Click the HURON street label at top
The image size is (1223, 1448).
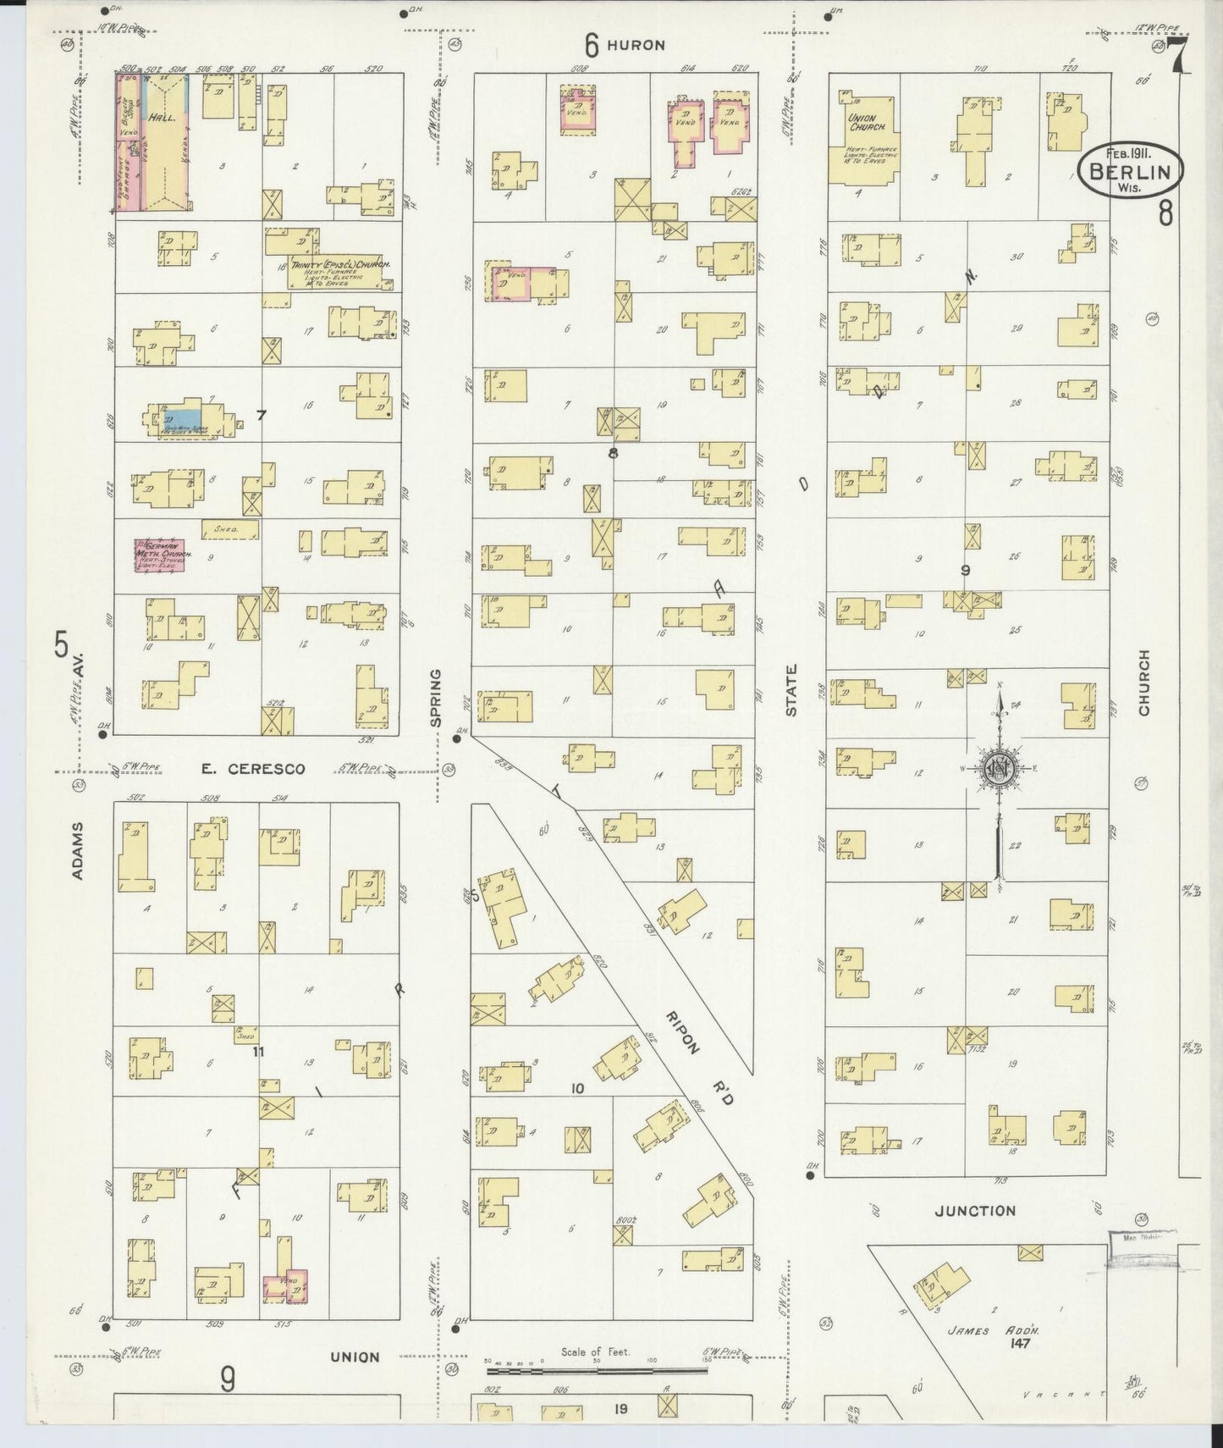pos(640,45)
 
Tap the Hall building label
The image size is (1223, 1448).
pos(161,119)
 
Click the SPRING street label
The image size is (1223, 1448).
pos(437,698)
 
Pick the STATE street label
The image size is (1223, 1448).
pos(791,690)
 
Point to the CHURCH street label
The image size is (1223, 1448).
pos(1144,683)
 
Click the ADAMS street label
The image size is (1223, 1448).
pos(78,849)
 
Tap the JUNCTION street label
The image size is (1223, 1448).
pos(975,1211)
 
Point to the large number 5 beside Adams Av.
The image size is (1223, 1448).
pos(61,645)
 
